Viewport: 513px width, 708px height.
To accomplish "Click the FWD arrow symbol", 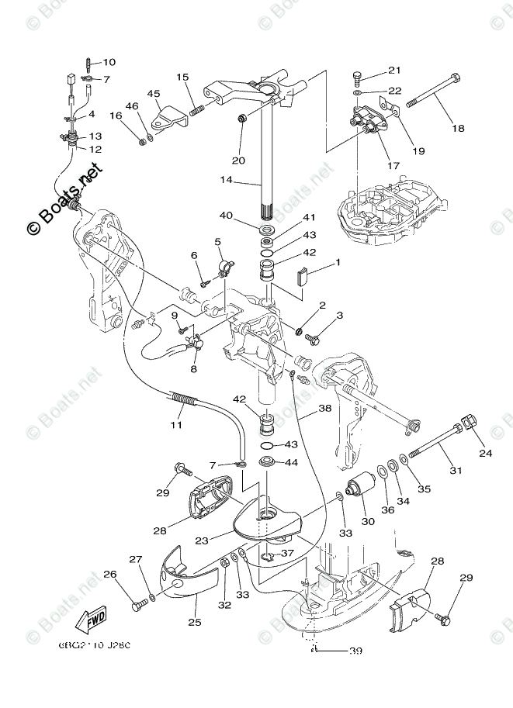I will pos(91,619).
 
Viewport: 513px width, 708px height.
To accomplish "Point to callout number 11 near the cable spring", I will pos(177,425).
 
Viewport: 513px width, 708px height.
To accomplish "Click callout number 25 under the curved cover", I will pos(193,622).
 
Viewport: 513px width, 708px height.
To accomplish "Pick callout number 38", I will pos(324,408).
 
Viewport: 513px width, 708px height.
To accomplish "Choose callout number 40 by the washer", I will pos(226,216).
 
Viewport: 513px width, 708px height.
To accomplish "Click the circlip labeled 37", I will pos(268,557).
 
